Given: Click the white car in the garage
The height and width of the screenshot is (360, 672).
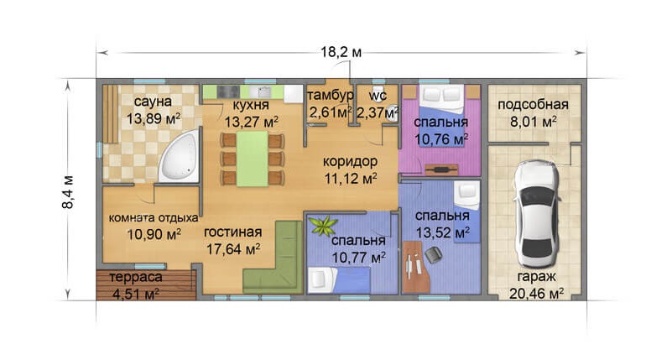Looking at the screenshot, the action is point(538,214).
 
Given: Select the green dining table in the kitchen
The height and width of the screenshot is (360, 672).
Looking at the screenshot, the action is point(253,159).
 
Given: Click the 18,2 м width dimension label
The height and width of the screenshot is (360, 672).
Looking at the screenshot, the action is point(341,52).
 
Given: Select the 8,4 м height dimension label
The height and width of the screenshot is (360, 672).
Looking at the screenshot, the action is point(68,191).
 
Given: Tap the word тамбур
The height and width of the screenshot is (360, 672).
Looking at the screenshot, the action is point(331,95).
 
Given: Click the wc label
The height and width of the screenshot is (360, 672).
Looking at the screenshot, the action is point(378,95).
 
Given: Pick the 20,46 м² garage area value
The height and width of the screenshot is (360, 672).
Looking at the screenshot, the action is point(536,294).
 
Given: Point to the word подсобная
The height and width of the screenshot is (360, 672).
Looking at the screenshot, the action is point(533,105).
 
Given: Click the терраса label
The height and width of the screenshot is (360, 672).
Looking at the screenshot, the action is point(136,277).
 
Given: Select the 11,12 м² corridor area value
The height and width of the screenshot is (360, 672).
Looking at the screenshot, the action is point(351,178).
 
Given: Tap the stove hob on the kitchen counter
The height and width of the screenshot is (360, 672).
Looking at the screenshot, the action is point(228,91).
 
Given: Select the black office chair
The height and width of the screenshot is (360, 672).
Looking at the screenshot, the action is point(434,254).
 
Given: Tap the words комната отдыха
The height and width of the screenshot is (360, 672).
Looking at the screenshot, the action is point(154,217).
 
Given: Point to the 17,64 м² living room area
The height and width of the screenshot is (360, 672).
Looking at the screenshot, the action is point(233,249).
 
